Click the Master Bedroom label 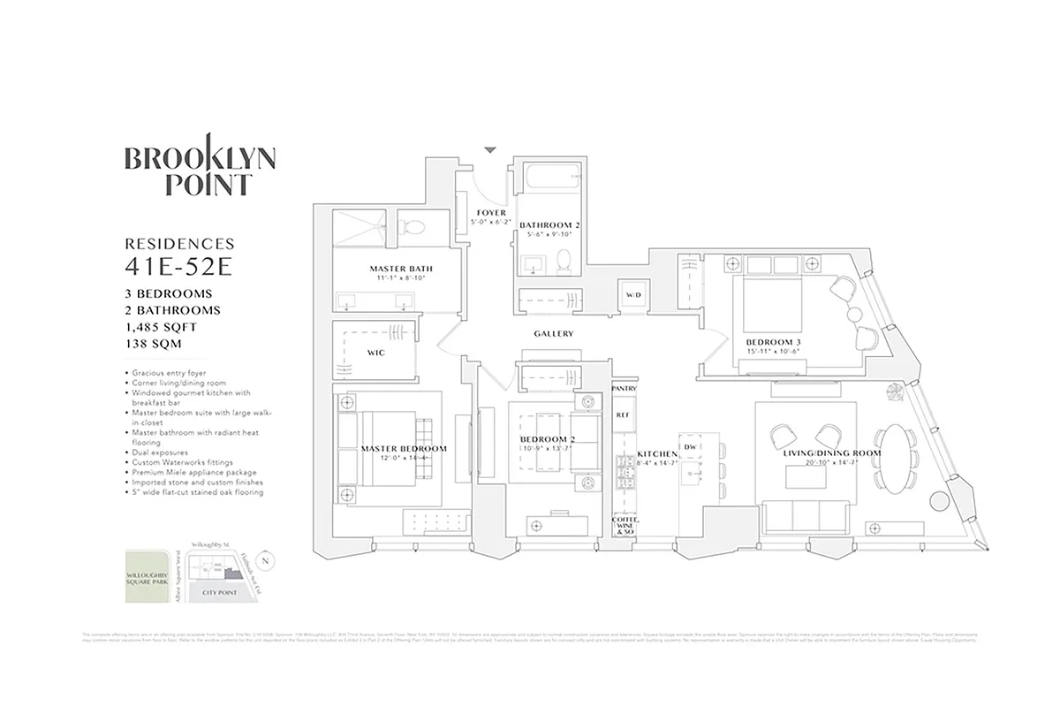pyautogui.click(x=404, y=449)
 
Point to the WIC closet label pyautogui.click(x=375, y=353)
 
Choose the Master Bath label pyautogui.click(x=401, y=269)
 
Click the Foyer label pyautogui.click(x=491, y=213)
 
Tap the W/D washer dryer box pyautogui.click(x=633, y=294)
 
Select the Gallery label pyautogui.click(x=554, y=334)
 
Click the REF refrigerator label pyautogui.click(x=623, y=414)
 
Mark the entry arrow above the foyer pyautogui.click(x=490, y=150)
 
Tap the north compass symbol pyautogui.click(x=269, y=560)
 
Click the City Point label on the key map pyautogui.click(x=222, y=593)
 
